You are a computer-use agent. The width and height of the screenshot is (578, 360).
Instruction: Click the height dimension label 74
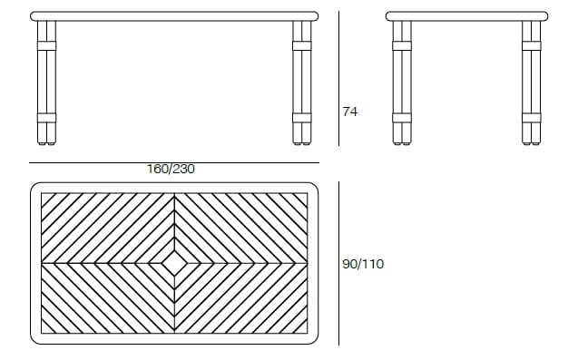[350, 112]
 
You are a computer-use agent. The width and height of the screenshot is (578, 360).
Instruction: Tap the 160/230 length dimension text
[171, 169]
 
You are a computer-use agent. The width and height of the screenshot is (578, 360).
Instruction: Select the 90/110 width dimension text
[363, 264]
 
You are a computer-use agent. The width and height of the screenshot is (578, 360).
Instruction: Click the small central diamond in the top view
[174, 263]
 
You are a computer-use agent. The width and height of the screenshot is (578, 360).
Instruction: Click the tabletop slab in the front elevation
[174, 16]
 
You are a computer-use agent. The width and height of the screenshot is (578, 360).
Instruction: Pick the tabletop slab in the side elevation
[466, 16]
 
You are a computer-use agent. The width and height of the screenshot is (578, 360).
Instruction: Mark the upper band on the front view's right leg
[302, 44]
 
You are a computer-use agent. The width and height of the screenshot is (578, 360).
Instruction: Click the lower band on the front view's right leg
[302, 117]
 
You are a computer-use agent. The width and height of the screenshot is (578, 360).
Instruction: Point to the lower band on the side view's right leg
[531, 117]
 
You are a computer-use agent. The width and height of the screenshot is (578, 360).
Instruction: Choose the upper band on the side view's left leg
[402, 44]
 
